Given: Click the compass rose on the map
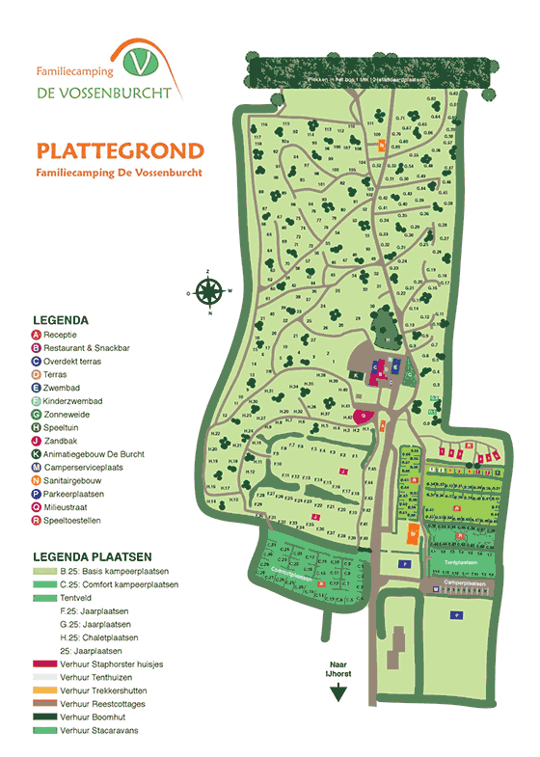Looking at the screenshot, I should click(209, 289).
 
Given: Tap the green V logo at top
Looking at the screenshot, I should click(144, 63).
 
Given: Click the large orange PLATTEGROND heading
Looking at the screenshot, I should click(120, 151).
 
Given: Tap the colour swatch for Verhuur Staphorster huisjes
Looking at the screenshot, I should click(44, 664).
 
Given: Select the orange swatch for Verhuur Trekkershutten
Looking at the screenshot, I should click(44, 691).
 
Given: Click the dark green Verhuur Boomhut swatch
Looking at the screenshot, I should click(44, 718).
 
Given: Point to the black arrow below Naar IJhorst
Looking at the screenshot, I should click(337, 695).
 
